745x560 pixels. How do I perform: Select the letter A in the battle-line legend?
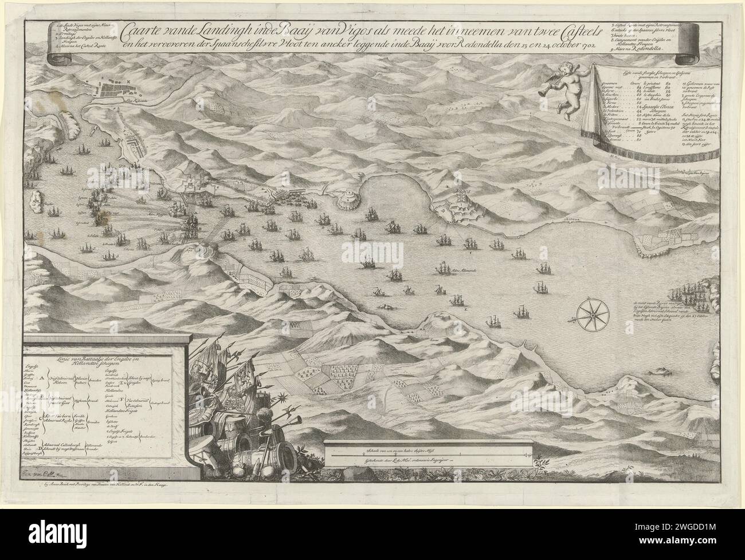[42, 379]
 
